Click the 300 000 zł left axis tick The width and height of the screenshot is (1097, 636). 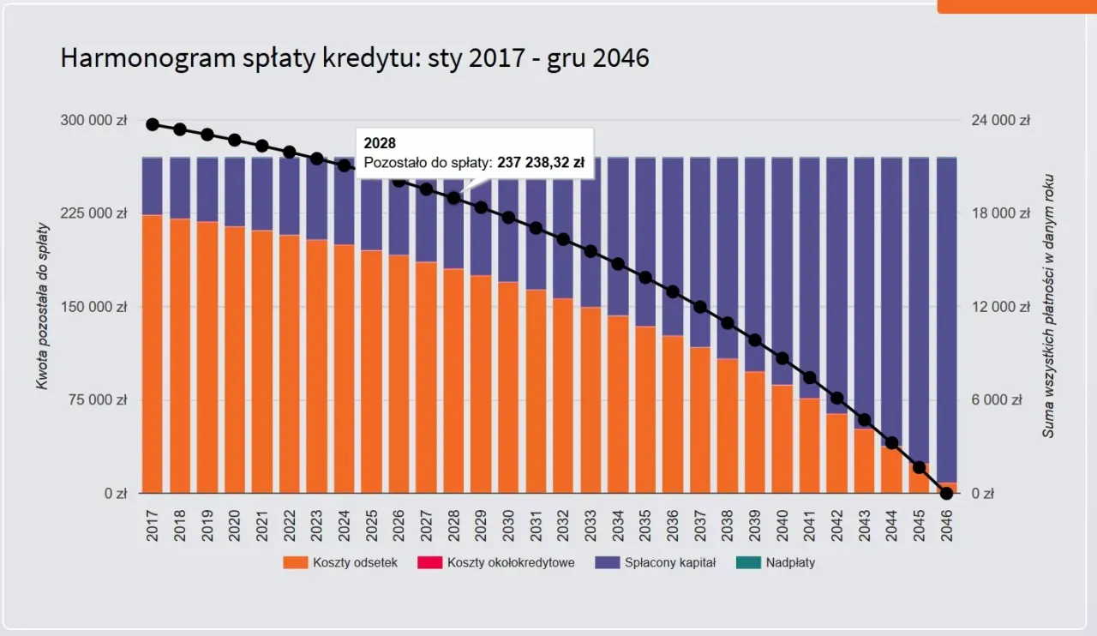point(93,121)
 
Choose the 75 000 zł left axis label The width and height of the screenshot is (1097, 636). point(97,400)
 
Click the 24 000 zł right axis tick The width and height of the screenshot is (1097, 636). point(1000,121)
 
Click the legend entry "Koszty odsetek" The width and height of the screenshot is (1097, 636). point(354,563)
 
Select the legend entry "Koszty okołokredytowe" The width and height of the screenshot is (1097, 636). point(510,563)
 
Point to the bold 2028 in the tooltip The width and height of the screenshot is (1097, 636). point(380,143)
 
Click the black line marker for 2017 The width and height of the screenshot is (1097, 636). point(153,124)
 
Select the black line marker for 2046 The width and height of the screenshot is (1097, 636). point(947,493)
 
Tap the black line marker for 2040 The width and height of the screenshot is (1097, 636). point(782,358)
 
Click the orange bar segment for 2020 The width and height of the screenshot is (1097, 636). point(236,360)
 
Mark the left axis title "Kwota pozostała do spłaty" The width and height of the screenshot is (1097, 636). point(42,306)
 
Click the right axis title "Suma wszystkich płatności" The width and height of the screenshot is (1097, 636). point(1048,306)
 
